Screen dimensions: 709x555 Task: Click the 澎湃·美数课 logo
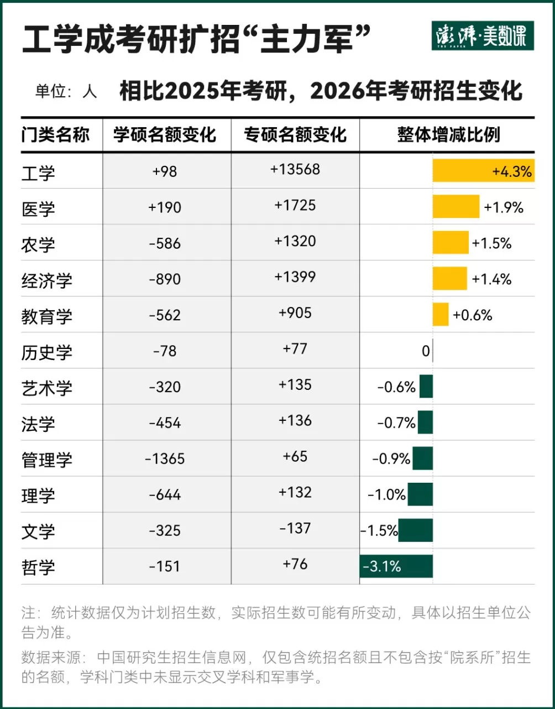(482, 36)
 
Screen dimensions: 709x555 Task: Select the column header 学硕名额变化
(165, 134)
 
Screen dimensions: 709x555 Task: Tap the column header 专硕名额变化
(295, 134)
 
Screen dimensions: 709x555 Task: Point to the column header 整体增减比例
(448, 134)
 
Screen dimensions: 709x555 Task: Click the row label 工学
(38, 173)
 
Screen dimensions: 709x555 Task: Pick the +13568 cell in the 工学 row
(295, 170)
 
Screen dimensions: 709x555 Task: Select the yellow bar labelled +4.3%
(483, 171)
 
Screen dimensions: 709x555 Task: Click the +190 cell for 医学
(165, 207)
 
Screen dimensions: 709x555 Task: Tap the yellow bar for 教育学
(441, 314)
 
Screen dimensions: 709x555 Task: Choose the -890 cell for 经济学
(165, 279)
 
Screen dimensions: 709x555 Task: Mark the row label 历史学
(46, 352)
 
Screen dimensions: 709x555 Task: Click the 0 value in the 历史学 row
(425, 351)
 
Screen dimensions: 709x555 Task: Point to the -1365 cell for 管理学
(165, 459)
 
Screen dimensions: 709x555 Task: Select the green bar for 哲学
(396, 566)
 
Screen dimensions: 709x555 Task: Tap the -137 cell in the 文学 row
(295, 528)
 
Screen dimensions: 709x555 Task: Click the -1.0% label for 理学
(386, 495)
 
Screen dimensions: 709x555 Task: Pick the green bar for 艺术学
(426, 387)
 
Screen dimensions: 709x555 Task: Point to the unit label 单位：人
(66, 91)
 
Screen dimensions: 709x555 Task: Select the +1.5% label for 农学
(491, 243)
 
